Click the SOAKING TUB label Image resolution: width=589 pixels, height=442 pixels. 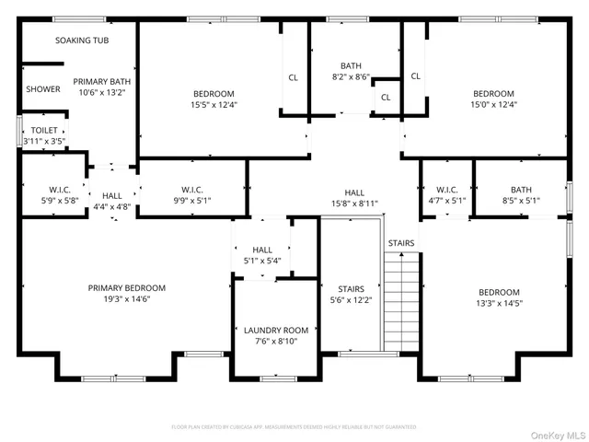click(82, 41)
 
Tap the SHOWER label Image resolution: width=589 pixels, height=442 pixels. click(43, 89)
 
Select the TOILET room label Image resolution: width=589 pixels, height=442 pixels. click(43, 131)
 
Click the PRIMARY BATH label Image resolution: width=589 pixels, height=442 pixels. click(102, 81)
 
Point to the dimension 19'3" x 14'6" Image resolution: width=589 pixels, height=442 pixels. click(126, 298)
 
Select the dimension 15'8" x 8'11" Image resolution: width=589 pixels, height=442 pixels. click(354, 203)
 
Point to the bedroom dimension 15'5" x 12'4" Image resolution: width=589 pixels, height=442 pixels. click(214, 104)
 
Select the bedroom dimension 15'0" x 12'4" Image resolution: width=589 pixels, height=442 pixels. click(494, 104)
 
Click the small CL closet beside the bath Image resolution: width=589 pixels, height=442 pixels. click(385, 97)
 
